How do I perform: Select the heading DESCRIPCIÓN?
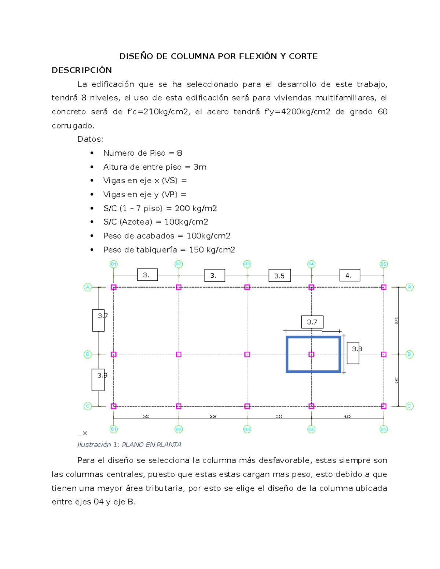tap(82, 70)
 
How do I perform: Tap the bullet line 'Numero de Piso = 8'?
tap(143, 153)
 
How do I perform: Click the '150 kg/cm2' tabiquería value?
tap(212, 250)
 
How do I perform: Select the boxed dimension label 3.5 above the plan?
tap(279, 276)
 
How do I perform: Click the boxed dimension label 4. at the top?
tap(349, 276)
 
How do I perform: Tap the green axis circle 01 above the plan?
tap(114, 264)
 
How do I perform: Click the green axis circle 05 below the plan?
tap(384, 429)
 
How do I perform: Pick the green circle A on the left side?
tap(88, 287)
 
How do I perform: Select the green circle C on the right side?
tap(410, 406)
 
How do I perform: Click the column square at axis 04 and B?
tap(311, 354)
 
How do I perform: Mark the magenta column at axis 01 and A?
tap(114, 287)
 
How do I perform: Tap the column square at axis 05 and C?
tap(384, 406)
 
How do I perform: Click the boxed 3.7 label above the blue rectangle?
tap(312, 322)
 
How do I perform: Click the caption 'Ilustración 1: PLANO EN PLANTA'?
tap(129, 445)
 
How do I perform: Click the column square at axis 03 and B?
tap(247, 354)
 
